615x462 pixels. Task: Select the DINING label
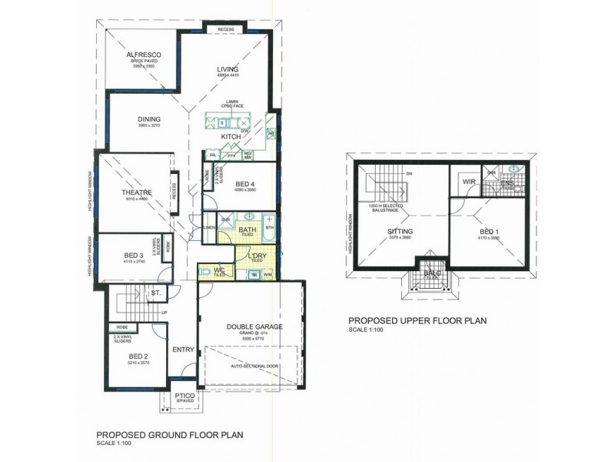tap(148, 119)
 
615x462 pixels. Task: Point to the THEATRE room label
tap(135, 192)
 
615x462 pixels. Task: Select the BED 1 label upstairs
tap(489, 231)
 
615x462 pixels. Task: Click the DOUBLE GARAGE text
tap(254, 326)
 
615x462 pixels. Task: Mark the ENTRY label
tap(183, 350)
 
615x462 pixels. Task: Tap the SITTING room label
tap(400, 230)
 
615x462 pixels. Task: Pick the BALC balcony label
tap(430, 273)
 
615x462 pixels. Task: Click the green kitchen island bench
tap(228, 122)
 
